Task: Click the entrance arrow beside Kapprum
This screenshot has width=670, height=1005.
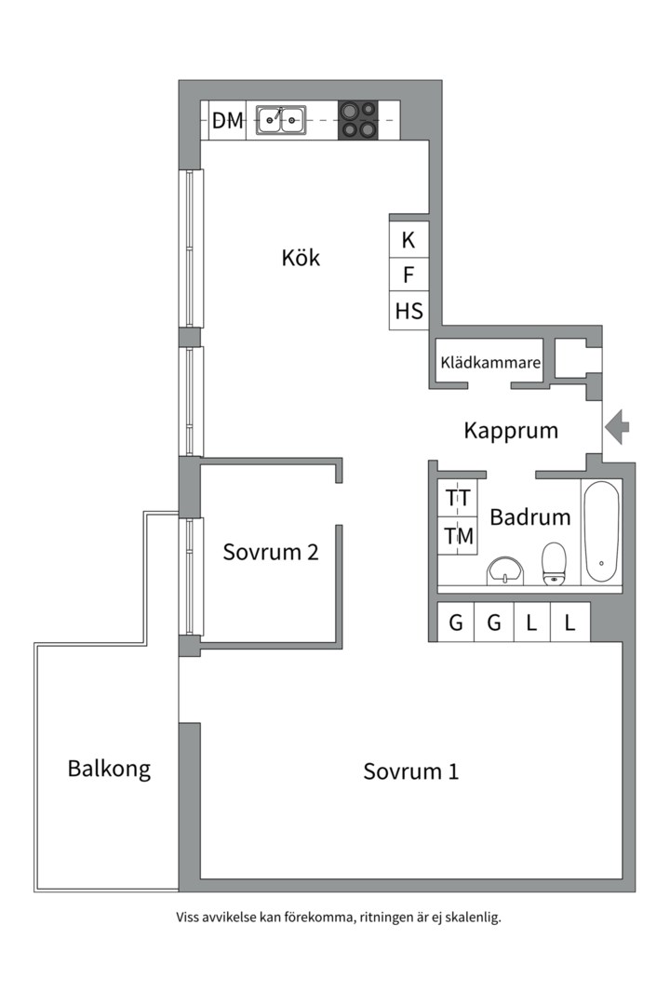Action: (617, 427)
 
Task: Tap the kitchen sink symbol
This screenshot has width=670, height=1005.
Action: (281, 119)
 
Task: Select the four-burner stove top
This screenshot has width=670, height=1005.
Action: (357, 120)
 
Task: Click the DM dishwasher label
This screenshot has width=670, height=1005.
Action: (227, 120)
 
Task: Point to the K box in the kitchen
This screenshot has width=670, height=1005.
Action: (409, 240)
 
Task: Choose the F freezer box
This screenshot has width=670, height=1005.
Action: (409, 275)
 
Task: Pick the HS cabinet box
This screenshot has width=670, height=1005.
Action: (409, 311)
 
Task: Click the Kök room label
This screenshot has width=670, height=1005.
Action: (301, 258)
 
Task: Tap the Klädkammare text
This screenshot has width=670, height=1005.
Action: (490, 363)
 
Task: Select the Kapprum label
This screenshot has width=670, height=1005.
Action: (511, 431)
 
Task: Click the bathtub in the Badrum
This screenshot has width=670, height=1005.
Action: (601, 531)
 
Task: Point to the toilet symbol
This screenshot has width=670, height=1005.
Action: (555, 563)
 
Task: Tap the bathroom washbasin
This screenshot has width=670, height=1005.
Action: (505, 569)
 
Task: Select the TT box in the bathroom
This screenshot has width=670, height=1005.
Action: (458, 498)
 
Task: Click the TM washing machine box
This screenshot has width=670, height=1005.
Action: (458, 537)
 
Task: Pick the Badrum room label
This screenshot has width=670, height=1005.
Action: (529, 517)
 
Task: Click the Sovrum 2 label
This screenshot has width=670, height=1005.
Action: (271, 552)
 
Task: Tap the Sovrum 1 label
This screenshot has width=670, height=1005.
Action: (410, 771)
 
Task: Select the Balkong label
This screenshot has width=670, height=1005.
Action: (109, 769)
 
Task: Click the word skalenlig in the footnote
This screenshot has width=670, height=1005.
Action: (472, 917)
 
